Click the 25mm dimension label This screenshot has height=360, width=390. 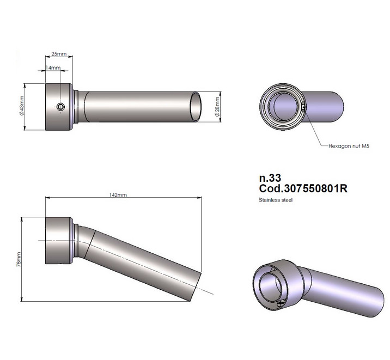pos(59,53)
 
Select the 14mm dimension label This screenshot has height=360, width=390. pos(53,68)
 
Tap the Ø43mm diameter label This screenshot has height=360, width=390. pos(21,106)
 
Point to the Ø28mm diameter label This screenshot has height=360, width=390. pos(217,107)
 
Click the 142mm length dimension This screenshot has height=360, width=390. pos(118,194)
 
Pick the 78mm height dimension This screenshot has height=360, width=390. pos(19,259)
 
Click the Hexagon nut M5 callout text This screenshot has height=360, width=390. pos(349,146)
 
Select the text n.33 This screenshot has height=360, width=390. pos(270,178)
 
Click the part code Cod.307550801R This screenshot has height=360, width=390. pos(303,188)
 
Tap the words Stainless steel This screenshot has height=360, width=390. pos(276,200)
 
